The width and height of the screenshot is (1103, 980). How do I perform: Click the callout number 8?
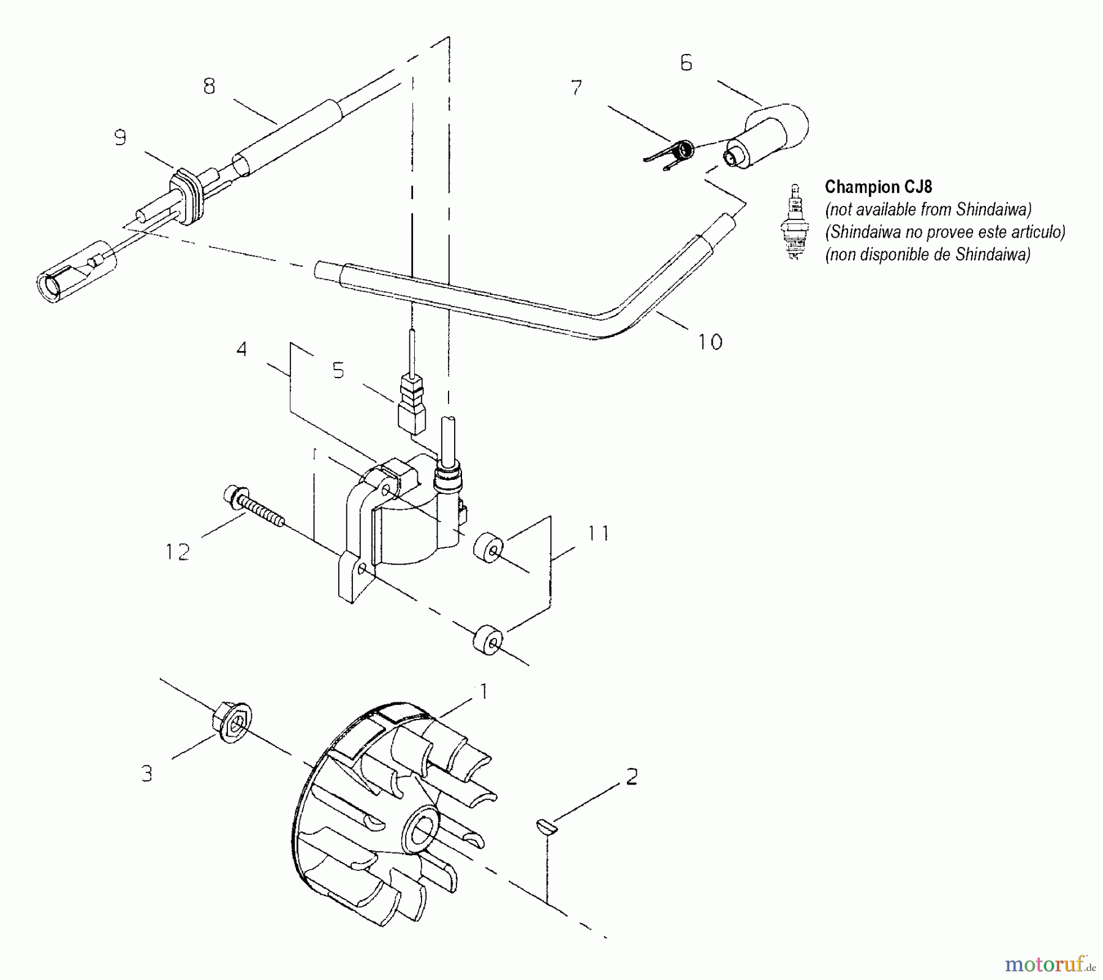(210, 86)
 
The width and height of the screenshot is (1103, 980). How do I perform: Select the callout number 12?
(178, 552)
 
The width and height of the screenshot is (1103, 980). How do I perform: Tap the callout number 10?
(710, 341)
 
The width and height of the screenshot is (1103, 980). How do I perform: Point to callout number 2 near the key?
(632, 777)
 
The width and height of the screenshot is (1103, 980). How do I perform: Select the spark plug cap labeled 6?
(767, 136)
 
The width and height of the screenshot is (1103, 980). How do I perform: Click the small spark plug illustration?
(795, 222)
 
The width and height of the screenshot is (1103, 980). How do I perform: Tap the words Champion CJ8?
(878, 186)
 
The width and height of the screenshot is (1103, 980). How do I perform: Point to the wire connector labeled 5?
(411, 405)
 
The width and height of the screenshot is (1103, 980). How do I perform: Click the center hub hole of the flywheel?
(421, 834)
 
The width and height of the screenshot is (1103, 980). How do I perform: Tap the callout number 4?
(241, 349)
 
